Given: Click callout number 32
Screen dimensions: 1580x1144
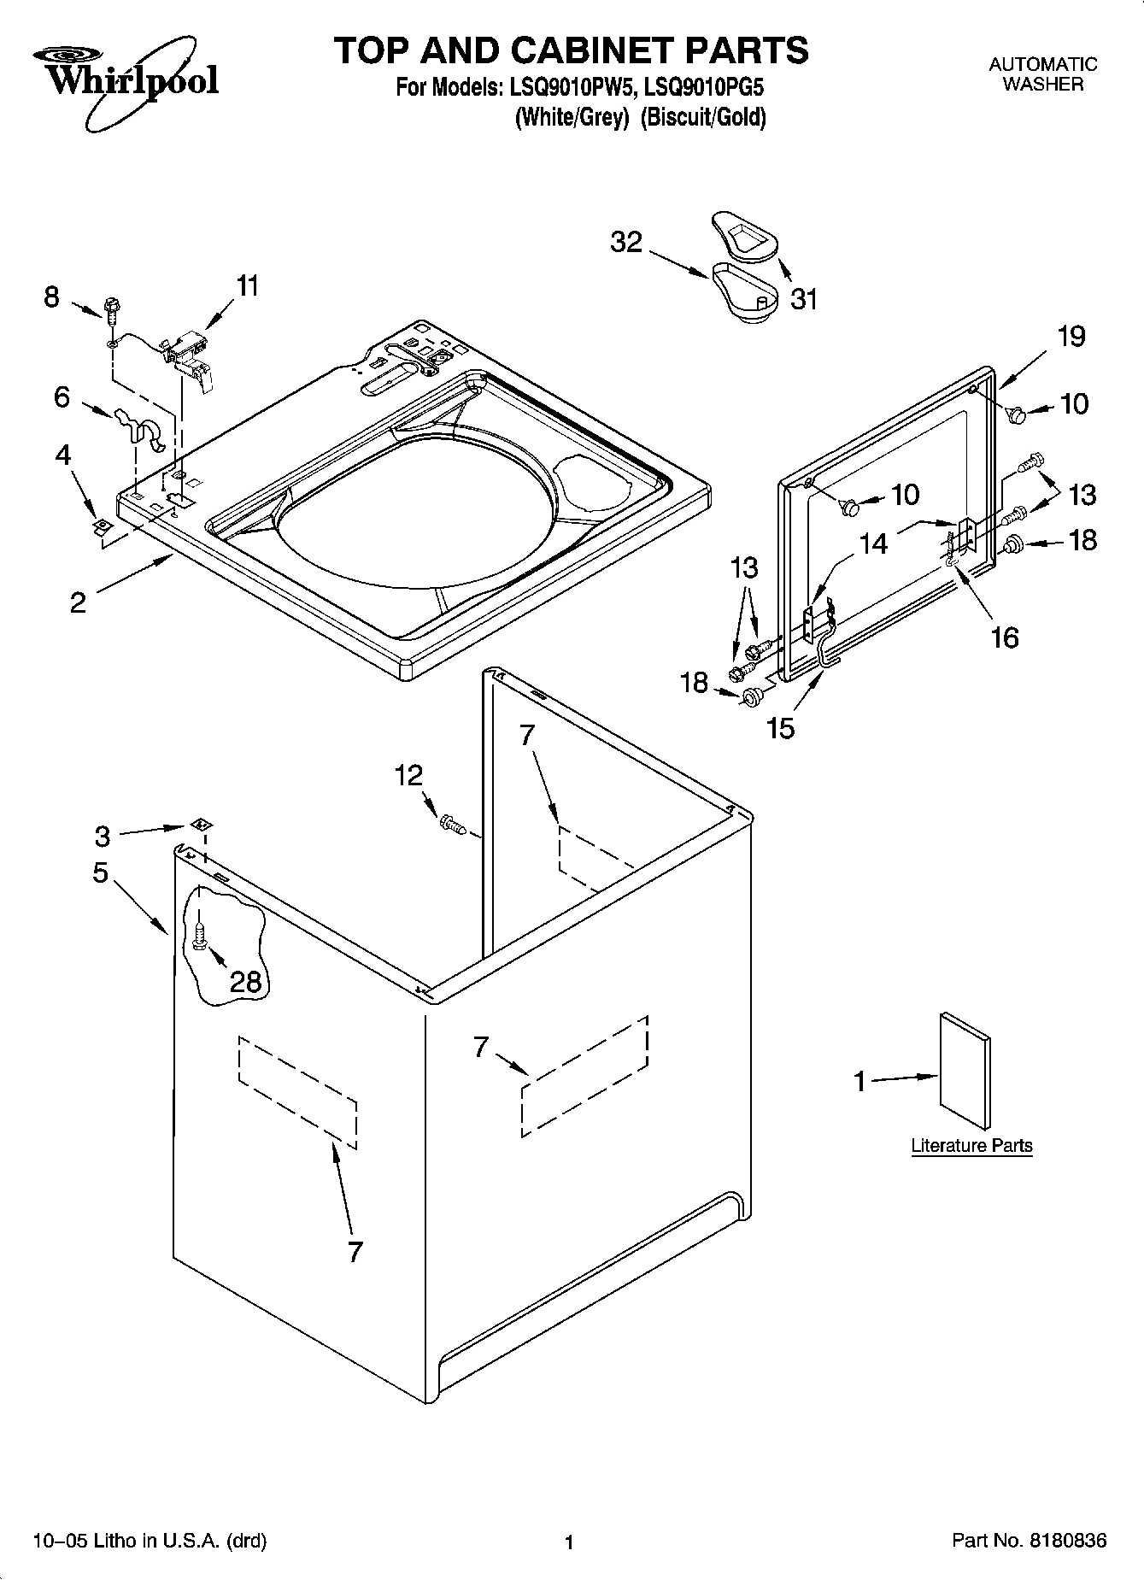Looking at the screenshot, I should coord(625,242).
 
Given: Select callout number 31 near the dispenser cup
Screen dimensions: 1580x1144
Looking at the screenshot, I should coord(803,299).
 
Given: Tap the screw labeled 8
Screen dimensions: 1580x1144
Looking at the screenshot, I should coord(110,309).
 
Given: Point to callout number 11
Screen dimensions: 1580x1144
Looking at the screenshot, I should coord(247,285).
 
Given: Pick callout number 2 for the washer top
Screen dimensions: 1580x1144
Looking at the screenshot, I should coord(78,602).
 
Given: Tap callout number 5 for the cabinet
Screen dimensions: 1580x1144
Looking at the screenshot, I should coord(101,872).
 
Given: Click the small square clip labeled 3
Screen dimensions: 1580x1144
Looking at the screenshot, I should coord(202,825).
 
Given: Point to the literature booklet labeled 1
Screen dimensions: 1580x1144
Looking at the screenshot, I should coord(965,1073).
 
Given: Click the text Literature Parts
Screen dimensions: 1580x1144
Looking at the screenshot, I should coord(971,1145).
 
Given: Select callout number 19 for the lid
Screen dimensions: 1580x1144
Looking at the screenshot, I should coord(1071,336).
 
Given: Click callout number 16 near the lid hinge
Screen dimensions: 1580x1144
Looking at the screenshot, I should coord(1005,637).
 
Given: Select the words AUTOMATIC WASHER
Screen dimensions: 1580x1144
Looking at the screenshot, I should coord(1042,73).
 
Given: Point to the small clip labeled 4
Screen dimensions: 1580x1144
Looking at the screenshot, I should coord(102,526).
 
